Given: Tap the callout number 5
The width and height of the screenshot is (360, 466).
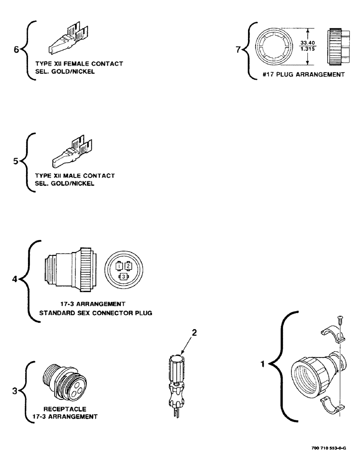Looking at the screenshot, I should coord(16,162).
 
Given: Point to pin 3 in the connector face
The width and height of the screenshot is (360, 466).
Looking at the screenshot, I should coord(124,277).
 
